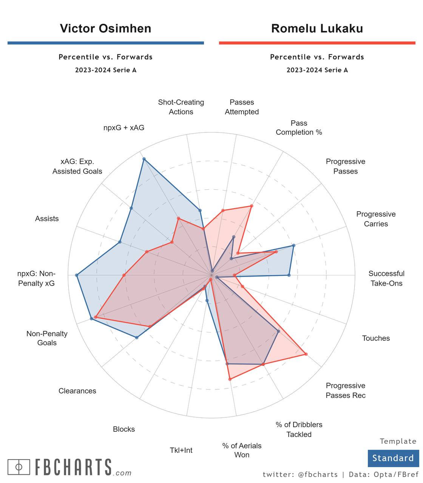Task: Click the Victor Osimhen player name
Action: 105,29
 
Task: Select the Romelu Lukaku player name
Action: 317,29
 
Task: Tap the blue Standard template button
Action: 393,458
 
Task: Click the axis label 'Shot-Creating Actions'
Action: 181,107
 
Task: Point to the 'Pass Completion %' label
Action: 299,128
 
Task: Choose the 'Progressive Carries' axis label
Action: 376,219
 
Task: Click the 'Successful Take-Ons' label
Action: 386,278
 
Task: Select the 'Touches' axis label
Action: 376,338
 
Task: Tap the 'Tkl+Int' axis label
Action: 181,450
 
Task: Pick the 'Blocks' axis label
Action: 124,429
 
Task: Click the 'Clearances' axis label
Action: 77,391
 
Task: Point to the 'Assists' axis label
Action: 47,218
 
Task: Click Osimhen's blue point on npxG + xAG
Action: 144,159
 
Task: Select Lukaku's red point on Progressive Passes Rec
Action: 306,354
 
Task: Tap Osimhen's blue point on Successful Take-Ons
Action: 289,275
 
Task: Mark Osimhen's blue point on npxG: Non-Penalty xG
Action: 77,275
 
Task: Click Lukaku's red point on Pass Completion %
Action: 252,206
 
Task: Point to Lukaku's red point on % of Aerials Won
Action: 230,379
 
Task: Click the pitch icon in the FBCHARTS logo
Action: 19,467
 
